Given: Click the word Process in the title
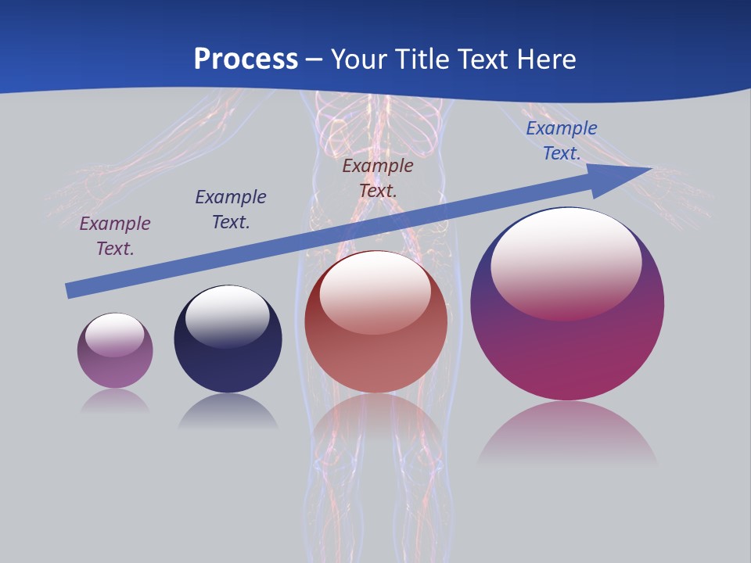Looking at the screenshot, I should (x=246, y=59).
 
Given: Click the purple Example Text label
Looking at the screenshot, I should (x=115, y=236).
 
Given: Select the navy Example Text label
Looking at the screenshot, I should (x=231, y=210).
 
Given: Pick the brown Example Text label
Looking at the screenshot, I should (x=378, y=178).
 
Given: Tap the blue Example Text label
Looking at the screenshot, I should (x=561, y=141).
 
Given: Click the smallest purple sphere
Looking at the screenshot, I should (x=115, y=368).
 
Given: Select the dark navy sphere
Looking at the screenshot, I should (x=228, y=364).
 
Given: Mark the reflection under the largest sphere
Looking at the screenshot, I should (x=567, y=434).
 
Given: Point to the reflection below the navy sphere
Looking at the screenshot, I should (x=228, y=411).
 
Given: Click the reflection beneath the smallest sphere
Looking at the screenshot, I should (x=115, y=401).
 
